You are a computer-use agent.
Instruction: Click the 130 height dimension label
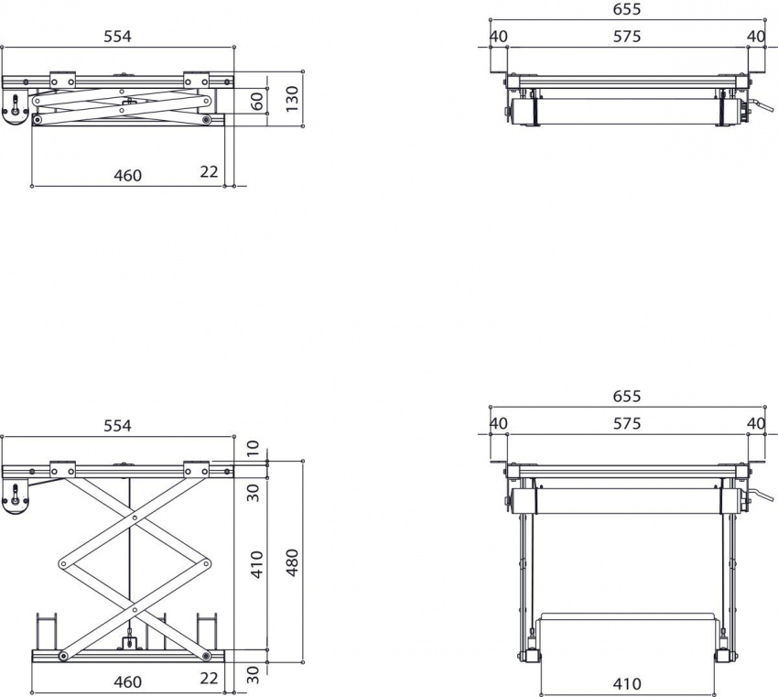coord(292,96)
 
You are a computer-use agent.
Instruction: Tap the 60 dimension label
coord(257,101)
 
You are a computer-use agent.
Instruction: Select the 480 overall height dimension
coord(292,562)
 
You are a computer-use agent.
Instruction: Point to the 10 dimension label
coord(254,450)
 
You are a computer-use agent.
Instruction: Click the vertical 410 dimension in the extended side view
coord(257,563)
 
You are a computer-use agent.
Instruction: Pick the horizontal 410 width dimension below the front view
coord(627,684)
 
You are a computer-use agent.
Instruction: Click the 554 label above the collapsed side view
coord(117,36)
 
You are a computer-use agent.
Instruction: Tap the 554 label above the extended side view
coord(117,425)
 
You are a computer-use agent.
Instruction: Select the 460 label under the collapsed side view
coord(127,175)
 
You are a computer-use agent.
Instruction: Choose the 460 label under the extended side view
coord(127,681)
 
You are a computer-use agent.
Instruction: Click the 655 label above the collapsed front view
coord(627,9)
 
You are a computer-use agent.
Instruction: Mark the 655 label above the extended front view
coord(627,397)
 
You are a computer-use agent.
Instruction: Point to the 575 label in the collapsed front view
coord(627,37)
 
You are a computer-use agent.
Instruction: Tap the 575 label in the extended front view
coord(627,423)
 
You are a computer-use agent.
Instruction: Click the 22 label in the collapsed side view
coord(210,172)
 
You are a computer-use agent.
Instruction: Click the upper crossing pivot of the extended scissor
coord(135,517)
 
